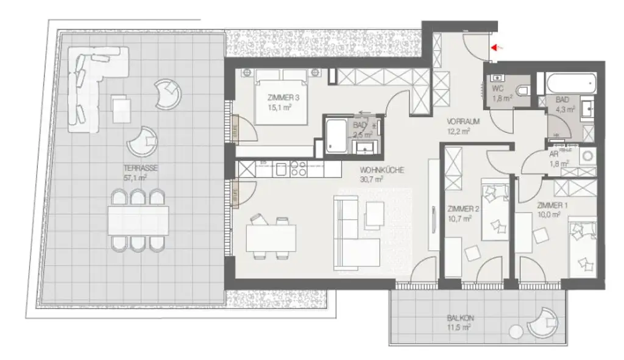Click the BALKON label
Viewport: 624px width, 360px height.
point(460,318)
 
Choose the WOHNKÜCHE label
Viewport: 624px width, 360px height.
point(382,171)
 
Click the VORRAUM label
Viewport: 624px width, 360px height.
point(463,121)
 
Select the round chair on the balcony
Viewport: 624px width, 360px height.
point(542,322)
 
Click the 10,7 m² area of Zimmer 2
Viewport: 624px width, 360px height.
point(460,217)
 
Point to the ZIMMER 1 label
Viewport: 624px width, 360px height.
point(552,205)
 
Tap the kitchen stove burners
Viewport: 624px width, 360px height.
point(298,169)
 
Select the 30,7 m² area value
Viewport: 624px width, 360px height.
point(371,180)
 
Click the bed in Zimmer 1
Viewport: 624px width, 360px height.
point(581,244)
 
